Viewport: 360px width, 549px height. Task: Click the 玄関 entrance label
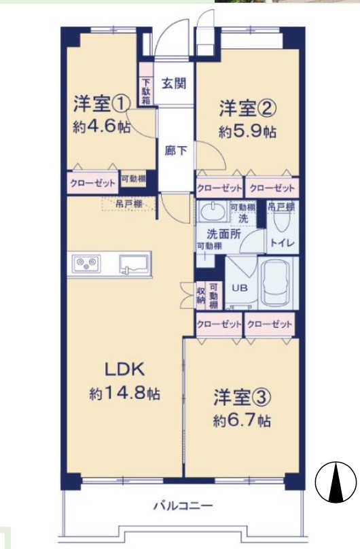click(x=174, y=84)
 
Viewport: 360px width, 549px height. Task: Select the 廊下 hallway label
click(x=176, y=151)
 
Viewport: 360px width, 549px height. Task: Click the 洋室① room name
click(x=101, y=104)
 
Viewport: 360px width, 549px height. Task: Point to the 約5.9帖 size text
click(x=248, y=132)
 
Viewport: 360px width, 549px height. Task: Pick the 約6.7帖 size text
click(x=242, y=421)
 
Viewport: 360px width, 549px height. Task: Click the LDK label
click(x=125, y=370)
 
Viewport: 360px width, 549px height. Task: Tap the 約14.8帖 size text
click(x=124, y=394)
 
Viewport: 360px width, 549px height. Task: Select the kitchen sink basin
click(x=134, y=264)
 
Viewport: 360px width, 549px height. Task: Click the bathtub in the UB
click(x=276, y=283)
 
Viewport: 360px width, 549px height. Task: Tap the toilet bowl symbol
click(x=283, y=221)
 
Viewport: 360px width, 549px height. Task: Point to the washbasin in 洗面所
click(x=212, y=212)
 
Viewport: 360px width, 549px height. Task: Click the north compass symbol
click(x=336, y=482)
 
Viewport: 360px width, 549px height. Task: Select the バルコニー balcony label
click(x=183, y=506)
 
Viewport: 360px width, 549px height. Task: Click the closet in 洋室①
click(x=92, y=183)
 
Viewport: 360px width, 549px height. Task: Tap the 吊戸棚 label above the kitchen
click(x=128, y=203)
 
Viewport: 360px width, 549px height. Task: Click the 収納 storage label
click(x=201, y=296)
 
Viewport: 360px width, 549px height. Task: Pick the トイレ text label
click(x=283, y=243)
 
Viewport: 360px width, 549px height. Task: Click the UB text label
click(x=240, y=288)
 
